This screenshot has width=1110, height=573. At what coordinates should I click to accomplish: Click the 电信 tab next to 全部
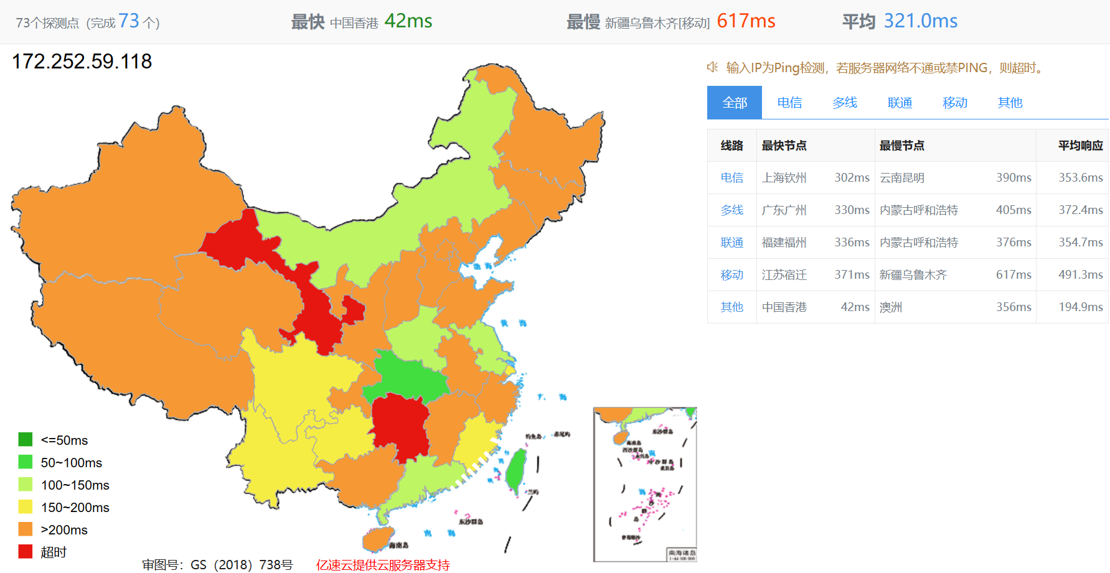coord(789,103)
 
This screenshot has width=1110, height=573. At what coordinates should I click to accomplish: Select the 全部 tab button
coord(735,103)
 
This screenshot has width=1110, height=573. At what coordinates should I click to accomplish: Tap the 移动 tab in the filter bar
coord(955,103)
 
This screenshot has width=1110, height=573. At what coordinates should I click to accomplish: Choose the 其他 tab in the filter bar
coord(1010,103)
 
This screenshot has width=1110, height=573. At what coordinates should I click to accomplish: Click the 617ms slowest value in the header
coord(746,21)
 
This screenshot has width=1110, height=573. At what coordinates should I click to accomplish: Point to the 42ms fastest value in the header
coord(408,21)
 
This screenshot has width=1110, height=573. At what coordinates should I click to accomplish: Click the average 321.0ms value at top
coord(920,21)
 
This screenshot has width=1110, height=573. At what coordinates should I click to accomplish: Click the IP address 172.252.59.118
coord(82,61)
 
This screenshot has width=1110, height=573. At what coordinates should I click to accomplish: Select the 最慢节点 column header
coord(902,146)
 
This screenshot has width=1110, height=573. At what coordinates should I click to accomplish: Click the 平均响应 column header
coord(1080,146)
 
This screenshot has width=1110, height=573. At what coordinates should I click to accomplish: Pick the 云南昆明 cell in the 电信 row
coord(902,178)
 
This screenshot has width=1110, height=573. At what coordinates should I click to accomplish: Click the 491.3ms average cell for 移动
coord(1080,275)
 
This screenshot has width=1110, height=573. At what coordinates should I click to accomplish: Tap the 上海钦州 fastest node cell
coord(784,178)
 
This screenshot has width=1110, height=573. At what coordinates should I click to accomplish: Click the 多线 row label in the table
coord(732,210)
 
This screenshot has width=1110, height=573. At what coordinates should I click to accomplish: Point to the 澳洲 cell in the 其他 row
coord(891,307)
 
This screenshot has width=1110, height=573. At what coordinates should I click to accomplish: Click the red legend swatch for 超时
coord(26,552)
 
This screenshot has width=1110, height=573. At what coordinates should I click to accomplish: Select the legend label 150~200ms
coord(75,508)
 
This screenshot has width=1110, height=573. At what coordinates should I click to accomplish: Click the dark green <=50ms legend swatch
coord(26,440)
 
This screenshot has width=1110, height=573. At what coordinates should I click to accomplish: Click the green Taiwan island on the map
coord(516,470)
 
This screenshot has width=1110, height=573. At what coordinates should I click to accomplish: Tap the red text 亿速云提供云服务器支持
coord(383,565)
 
